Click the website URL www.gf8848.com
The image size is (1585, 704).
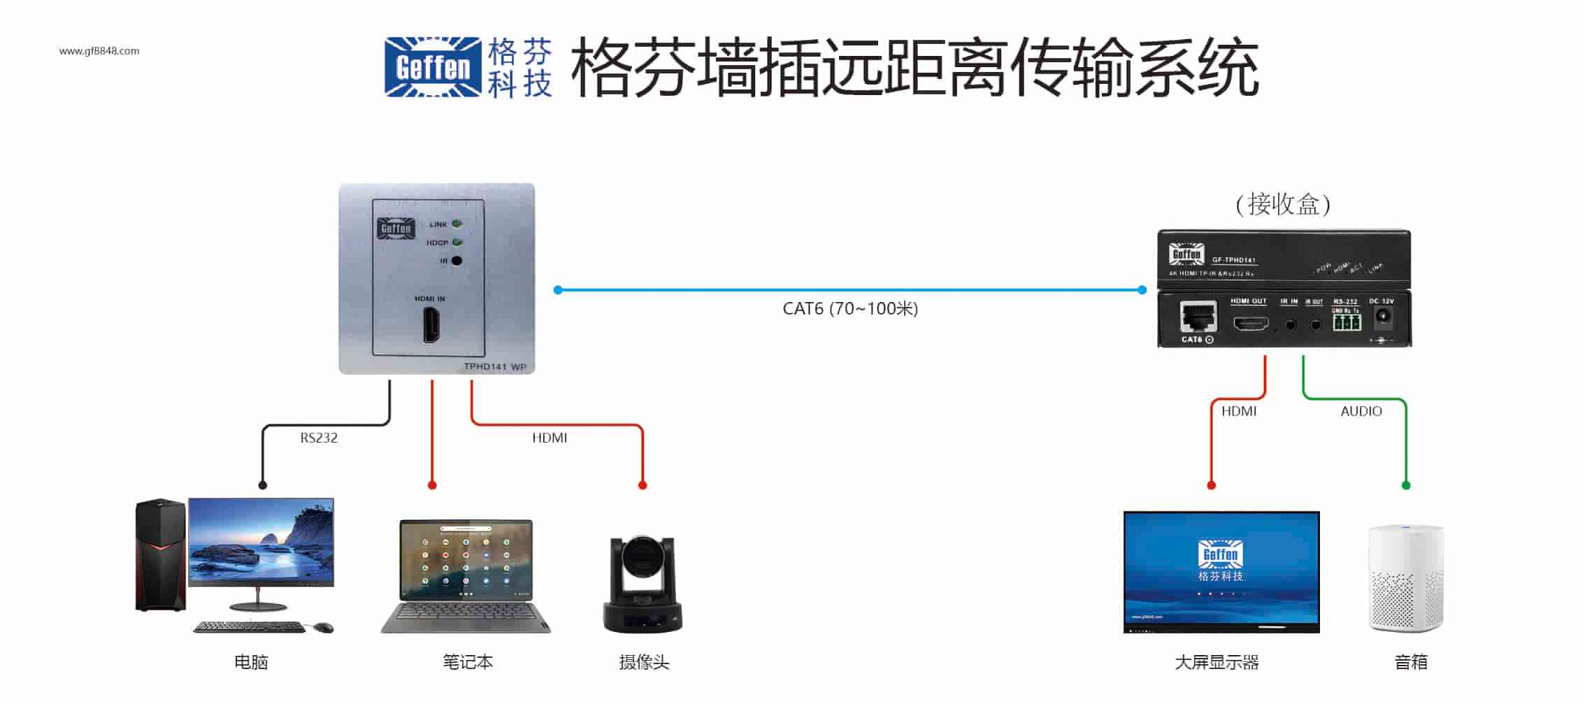pyautogui.click(x=99, y=51)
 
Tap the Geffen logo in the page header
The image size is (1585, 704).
pyautogui.click(x=433, y=67)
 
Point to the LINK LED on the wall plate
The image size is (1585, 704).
pyautogui.click(x=457, y=224)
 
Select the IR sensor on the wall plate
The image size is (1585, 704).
pyautogui.click(x=457, y=261)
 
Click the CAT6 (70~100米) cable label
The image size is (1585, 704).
pyautogui.click(x=849, y=309)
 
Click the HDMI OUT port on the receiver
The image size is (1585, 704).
pyautogui.click(x=1249, y=324)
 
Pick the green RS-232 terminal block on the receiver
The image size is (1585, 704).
pyautogui.click(x=1346, y=322)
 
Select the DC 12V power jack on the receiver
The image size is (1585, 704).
pyautogui.click(x=1382, y=319)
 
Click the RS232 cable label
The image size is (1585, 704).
pyautogui.click(x=319, y=438)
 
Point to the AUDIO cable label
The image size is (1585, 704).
pyautogui.click(x=1361, y=412)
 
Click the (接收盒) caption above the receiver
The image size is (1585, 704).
pyautogui.click(x=1283, y=204)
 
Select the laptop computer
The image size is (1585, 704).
pyautogui.click(x=466, y=577)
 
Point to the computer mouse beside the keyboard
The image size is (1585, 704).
pyautogui.click(x=323, y=627)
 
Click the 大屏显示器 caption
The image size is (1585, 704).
pyautogui.click(x=1217, y=663)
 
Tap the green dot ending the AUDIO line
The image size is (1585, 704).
pyautogui.click(x=1406, y=485)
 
